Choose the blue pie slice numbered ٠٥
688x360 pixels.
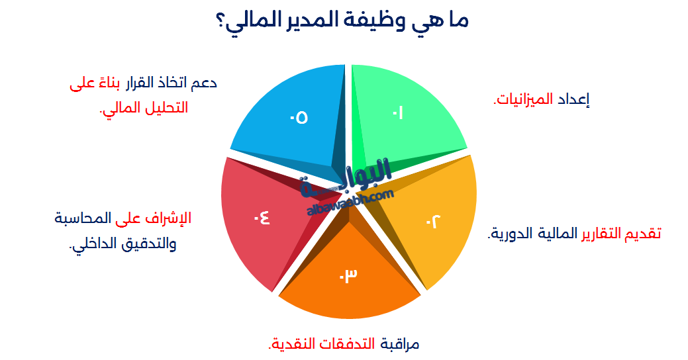pos(299,118)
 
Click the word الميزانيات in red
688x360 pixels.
pos(524,99)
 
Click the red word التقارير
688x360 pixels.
pos(601,234)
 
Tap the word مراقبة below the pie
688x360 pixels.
pos(400,343)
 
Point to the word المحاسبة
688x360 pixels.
pos(83,218)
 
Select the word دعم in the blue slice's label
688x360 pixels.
pos(204,83)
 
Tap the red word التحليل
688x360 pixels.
pos(165,108)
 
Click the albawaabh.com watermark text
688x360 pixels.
pos(350,202)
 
